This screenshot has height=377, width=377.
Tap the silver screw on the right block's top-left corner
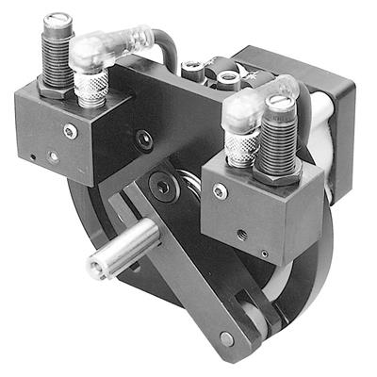point(220,191)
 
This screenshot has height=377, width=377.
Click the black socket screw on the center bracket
point(142,139)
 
